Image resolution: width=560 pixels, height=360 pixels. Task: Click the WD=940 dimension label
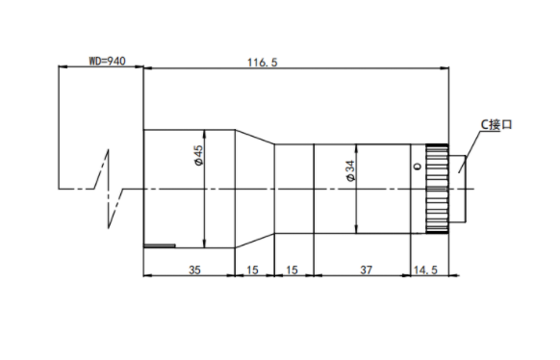107,61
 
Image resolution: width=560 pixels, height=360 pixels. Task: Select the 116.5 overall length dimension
262,63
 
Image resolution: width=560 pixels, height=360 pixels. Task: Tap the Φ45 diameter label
198,155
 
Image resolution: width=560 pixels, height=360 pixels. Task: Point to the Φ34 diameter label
351,170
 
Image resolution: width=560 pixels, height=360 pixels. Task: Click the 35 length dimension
194,270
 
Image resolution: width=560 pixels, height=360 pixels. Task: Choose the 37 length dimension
366,270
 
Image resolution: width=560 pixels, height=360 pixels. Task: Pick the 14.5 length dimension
425,270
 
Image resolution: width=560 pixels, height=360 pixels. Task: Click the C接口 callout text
496,124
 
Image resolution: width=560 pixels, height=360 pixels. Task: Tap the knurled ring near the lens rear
437,189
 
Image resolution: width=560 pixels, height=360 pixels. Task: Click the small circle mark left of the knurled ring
418,167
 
